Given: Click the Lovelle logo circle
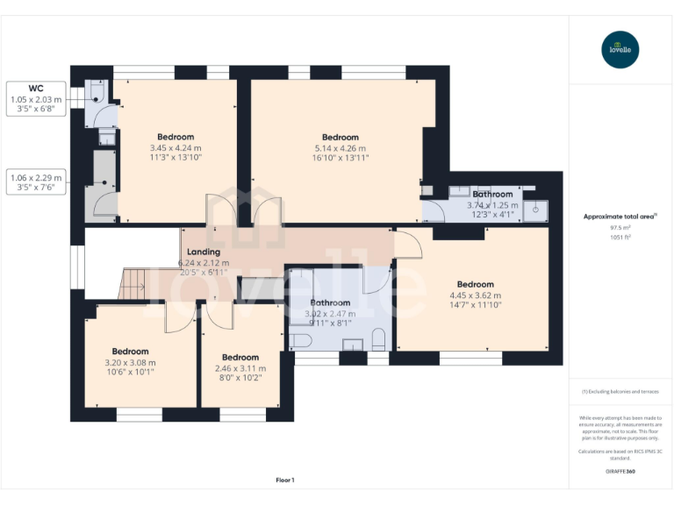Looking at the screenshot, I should click(620, 50).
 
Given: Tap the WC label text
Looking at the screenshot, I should click(36, 89).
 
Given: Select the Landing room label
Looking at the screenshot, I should click(203, 252).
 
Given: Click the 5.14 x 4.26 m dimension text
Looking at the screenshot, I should click(340, 148).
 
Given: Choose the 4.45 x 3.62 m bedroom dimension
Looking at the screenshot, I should click(475, 295).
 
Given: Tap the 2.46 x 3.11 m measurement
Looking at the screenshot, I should click(240, 368).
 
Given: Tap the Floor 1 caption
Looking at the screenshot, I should click(285, 480).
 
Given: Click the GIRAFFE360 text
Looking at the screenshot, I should click(620, 472).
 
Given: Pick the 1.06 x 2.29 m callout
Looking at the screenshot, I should click(36, 177).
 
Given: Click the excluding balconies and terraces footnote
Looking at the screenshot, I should click(620, 392).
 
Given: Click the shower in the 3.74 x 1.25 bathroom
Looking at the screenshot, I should click(538, 208).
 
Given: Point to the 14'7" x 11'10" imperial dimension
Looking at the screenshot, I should click(475, 306).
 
